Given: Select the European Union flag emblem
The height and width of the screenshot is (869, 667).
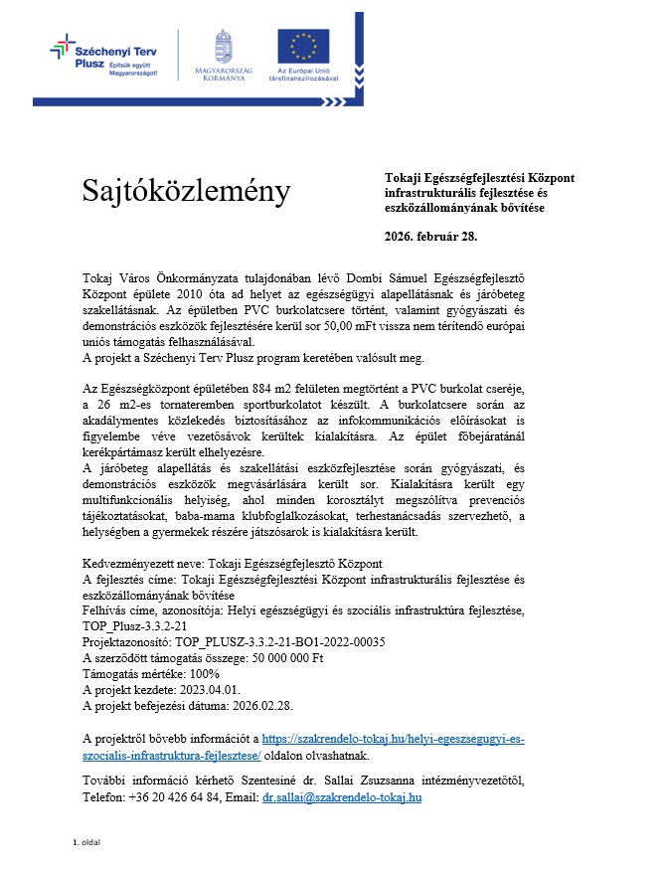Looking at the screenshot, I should coord(309,47).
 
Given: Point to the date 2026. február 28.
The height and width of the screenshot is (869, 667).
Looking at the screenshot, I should coord(430,236).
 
